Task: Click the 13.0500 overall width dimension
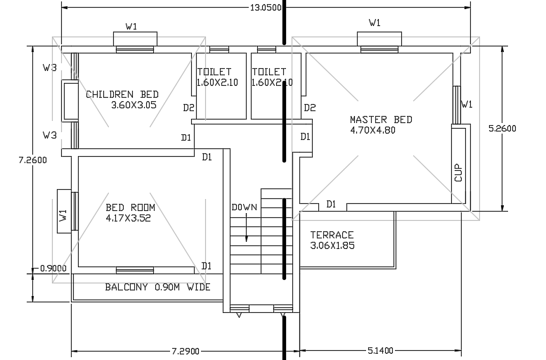[266, 8]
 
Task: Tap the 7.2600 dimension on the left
[32, 160]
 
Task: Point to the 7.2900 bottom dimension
[186, 350]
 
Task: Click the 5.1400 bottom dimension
[380, 350]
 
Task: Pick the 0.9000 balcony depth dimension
[53, 268]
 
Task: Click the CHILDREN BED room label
[122, 94]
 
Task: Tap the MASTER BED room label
[381, 120]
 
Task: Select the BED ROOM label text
[130, 207]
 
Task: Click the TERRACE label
[332, 235]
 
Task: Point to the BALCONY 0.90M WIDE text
[157, 287]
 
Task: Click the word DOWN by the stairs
[245, 207]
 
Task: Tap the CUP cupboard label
[458, 173]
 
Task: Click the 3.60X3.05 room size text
[134, 105]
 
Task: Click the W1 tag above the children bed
[131, 27]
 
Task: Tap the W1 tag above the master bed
[375, 22]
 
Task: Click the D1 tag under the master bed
[331, 204]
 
